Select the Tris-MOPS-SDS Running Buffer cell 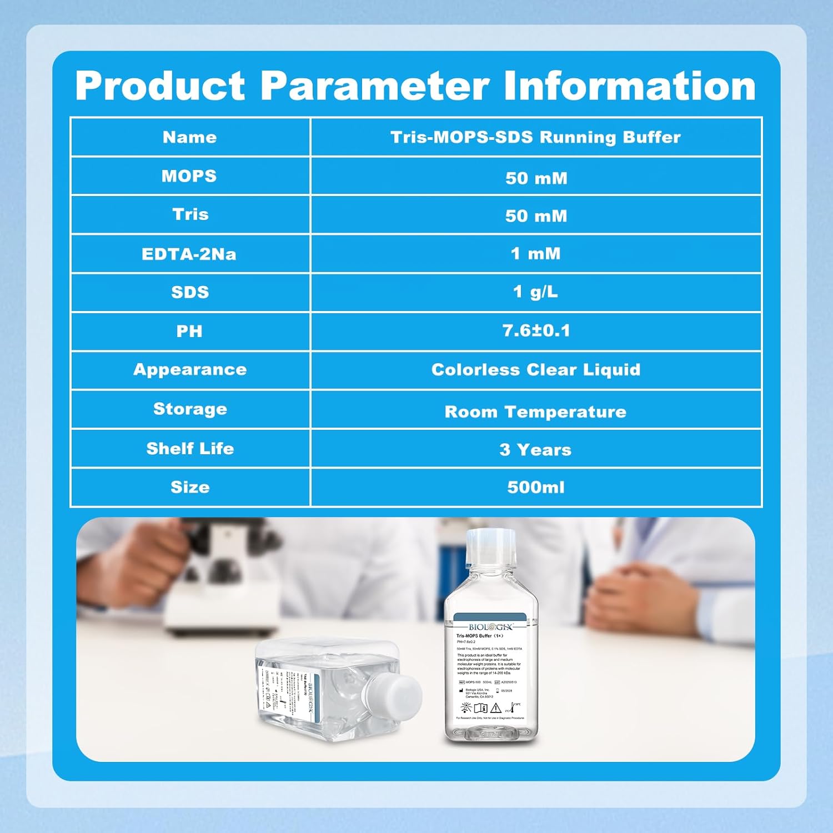point(535,137)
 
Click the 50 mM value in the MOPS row point(536,178)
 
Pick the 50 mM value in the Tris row point(536,215)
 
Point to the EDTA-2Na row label point(189,254)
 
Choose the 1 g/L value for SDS point(535,292)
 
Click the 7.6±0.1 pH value point(536,331)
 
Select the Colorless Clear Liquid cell point(536,370)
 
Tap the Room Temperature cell point(535,412)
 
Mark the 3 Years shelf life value point(535,449)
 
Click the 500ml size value point(536,487)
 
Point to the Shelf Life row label point(190,448)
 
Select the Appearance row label point(190,370)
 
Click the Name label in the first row point(189,137)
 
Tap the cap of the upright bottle point(491,543)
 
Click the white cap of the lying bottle point(393,697)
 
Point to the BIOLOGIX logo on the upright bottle point(490,627)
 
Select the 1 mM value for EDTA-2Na point(535,254)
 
